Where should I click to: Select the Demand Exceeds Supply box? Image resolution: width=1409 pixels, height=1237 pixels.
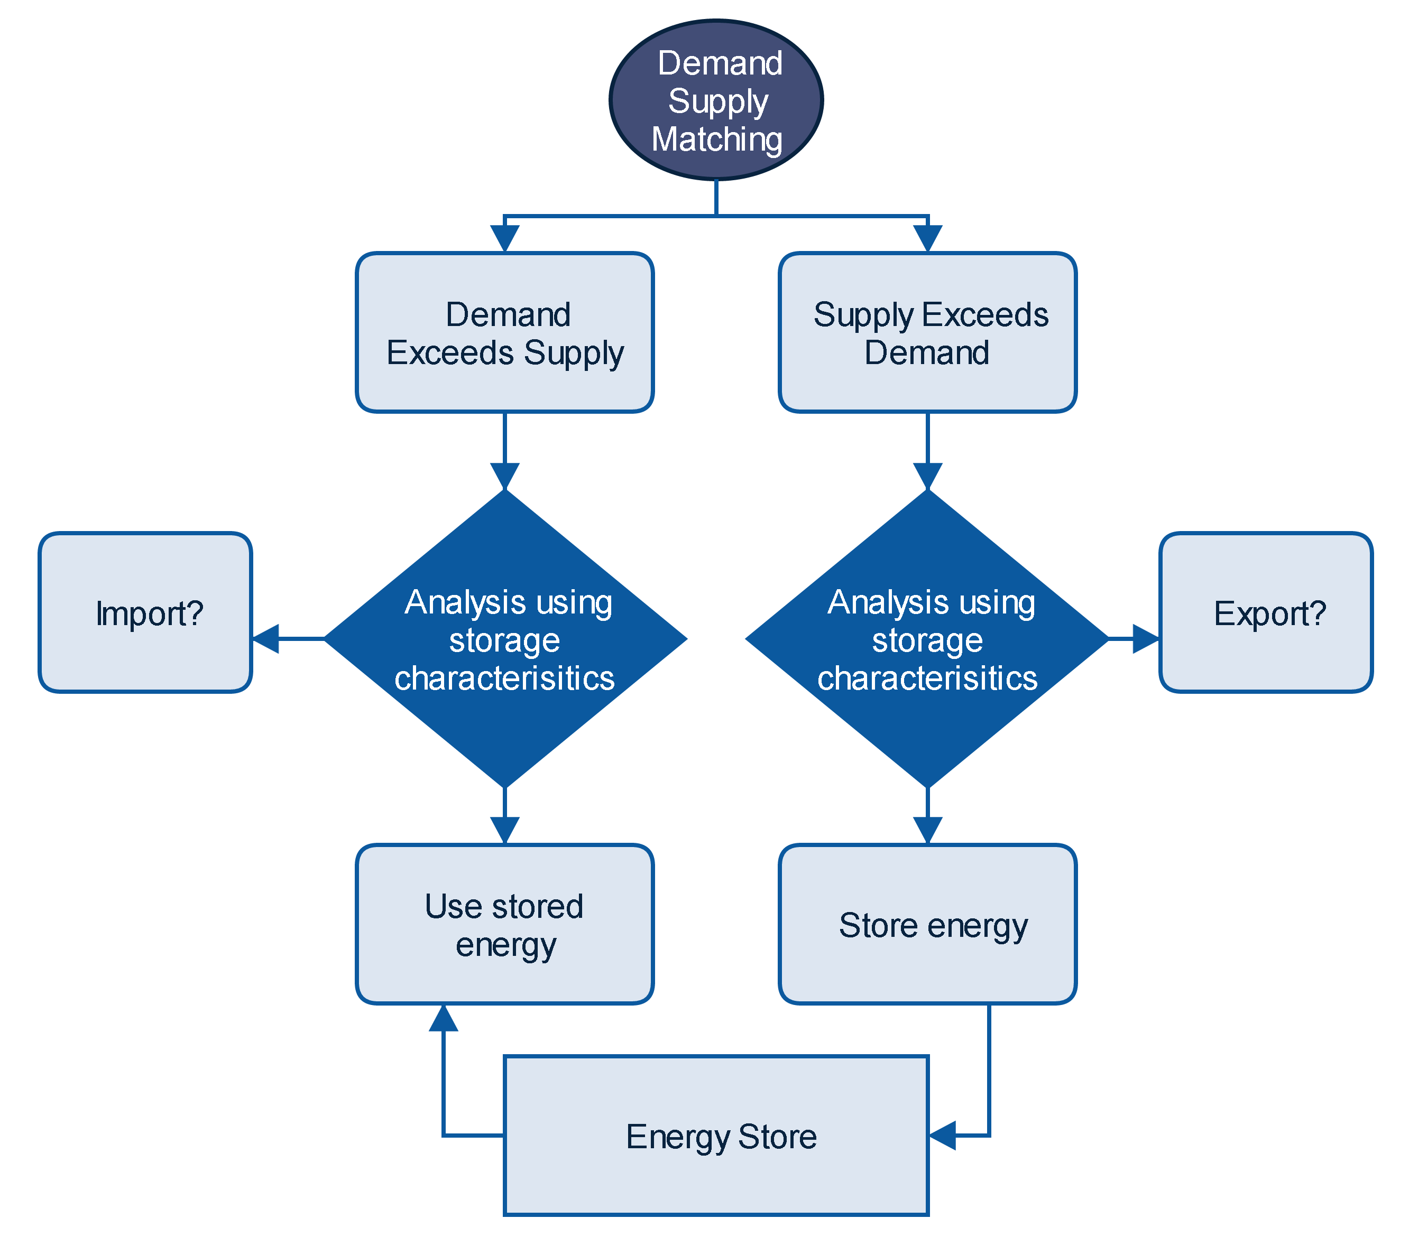click(x=504, y=332)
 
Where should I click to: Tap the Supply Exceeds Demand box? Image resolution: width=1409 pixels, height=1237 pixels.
click(x=927, y=332)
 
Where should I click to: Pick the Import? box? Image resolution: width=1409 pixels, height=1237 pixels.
click(x=145, y=612)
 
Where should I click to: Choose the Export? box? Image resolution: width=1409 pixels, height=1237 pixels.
click(x=1266, y=612)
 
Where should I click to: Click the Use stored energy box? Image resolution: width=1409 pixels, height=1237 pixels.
click(x=504, y=924)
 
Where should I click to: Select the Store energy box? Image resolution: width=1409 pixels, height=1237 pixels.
click(x=927, y=924)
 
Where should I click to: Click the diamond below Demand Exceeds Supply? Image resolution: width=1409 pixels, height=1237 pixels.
click(x=504, y=639)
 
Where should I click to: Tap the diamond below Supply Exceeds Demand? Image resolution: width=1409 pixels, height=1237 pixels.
click(x=927, y=639)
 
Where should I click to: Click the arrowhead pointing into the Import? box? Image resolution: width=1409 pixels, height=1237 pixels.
click(x=266, y=639)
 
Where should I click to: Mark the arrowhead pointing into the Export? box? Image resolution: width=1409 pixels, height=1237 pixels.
click(x=1146, y=639)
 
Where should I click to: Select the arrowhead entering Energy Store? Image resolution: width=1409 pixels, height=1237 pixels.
click(x=942, y=1135)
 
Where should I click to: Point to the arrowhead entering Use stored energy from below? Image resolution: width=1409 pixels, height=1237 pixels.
click(x=443, y=1018)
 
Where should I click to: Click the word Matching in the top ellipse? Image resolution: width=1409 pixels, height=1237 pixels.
click(x=717, y=139)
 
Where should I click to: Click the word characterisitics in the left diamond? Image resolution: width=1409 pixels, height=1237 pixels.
click(x=504, y=678)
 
